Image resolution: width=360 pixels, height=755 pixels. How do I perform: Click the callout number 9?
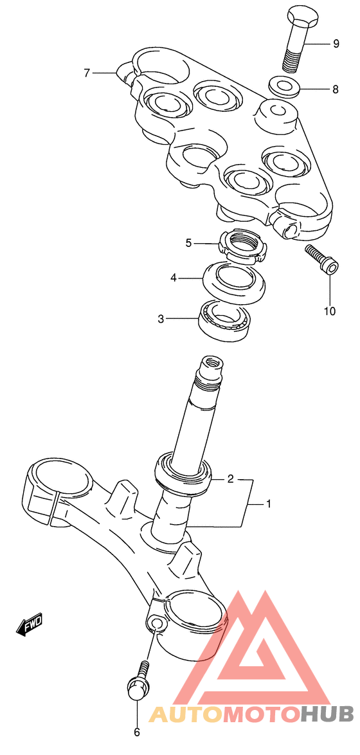tap(336, 44)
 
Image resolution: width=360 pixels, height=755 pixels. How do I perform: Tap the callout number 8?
tap(336, 89)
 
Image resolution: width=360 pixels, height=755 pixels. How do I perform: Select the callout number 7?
tap(87, 73)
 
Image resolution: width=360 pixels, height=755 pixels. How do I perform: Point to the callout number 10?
tap(329, 311)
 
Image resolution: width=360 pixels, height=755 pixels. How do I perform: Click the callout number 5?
tap(189, 243)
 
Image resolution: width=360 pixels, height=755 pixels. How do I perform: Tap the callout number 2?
tap(231, 478)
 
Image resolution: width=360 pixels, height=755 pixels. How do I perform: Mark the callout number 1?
tap(269, 504)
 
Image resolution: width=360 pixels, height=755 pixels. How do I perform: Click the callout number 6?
tap(136, 732)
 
